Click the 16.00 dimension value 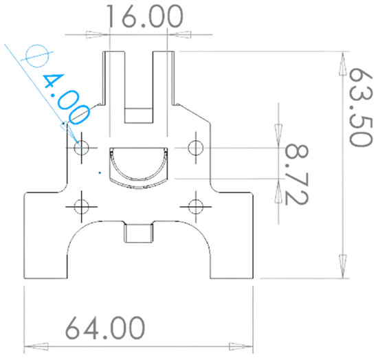[x=144, y=16]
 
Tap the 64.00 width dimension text [x=105, y=328]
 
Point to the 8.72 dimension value [x=296, y=174]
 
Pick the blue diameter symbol [x=37, y=56]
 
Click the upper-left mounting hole [x=82, y=148]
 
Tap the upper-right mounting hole [x=195, y=148]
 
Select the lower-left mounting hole [x=82, y=207]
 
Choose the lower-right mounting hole [x=195, y=207]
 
